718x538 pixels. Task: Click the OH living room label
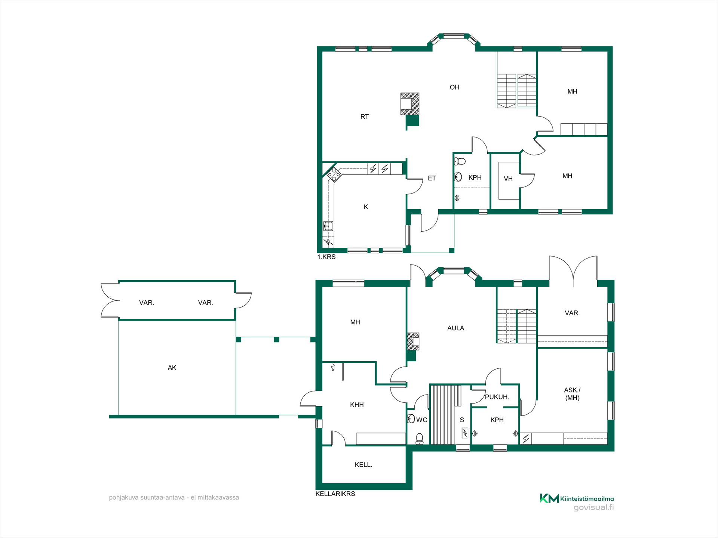pyautogui.click(x=454, y=87)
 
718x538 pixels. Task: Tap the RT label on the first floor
pyautogui.click(x=365, y=117)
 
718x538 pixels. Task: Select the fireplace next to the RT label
pyautogui.click(x=410, y=104)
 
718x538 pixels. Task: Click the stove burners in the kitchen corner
pyautogui.click(x=334, y=174)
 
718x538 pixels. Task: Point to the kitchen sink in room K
pyautogui.click(x=328, y=226)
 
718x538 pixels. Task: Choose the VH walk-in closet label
pyautogui.click(x=508, y=179)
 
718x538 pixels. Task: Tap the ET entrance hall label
pyautogui.click(x=432, y=179)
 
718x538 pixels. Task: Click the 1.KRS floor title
pyautogui.click(x=326, y=257)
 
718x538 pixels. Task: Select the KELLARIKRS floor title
pyautogui.click(x=335, y=494)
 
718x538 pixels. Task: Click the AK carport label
pyautogui.click(x=172, y=368)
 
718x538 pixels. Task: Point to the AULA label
pyautogui.click(x=456, y=328)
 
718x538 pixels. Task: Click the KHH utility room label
pyautogui.click(x=357, y=405)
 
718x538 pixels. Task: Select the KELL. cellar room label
pyautogui.click(x=363, y=465)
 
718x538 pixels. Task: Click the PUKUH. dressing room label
pyautogui.click(x=497, y=397)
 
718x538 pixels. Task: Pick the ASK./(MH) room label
pyautogui.click(x=572, y=394)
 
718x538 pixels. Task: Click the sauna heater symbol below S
pyautogui.click(x=464, y=433)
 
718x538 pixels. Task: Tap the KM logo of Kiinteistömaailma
pyautogui.click(x=549, y=498)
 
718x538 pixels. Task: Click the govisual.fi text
pyautogui.click(x=594, y=508)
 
